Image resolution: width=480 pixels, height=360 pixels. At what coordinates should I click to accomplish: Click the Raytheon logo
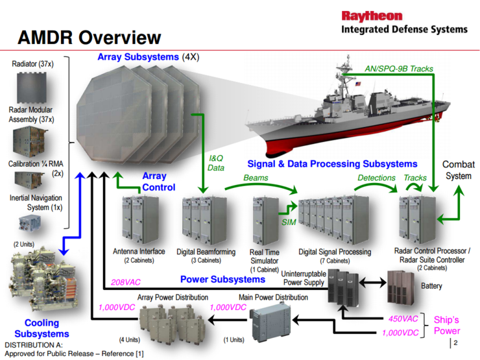(x=372, y=16)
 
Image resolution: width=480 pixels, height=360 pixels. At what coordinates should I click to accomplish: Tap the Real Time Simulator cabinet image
(x=264, y=221)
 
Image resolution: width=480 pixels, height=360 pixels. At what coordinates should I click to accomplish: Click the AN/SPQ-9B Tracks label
(x=404, y=69)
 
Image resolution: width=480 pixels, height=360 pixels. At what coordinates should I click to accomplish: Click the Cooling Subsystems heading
(x=42, y=328)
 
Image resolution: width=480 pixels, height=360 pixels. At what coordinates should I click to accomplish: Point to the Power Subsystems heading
(x=222, y=280)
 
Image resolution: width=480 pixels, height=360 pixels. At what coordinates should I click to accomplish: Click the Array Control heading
(x=158, y=182)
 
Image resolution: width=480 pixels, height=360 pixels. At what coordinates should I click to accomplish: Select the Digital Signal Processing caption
(x=335, y=251)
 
